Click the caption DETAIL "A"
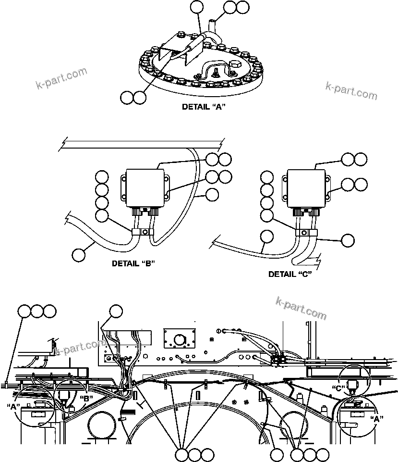pos(204,107)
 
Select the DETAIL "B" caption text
pos(133,263)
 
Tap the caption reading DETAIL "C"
pos(290,274)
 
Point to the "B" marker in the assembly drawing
pos(87,398)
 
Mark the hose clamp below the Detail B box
pos(144,232)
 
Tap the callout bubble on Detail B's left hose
pos(79,255)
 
